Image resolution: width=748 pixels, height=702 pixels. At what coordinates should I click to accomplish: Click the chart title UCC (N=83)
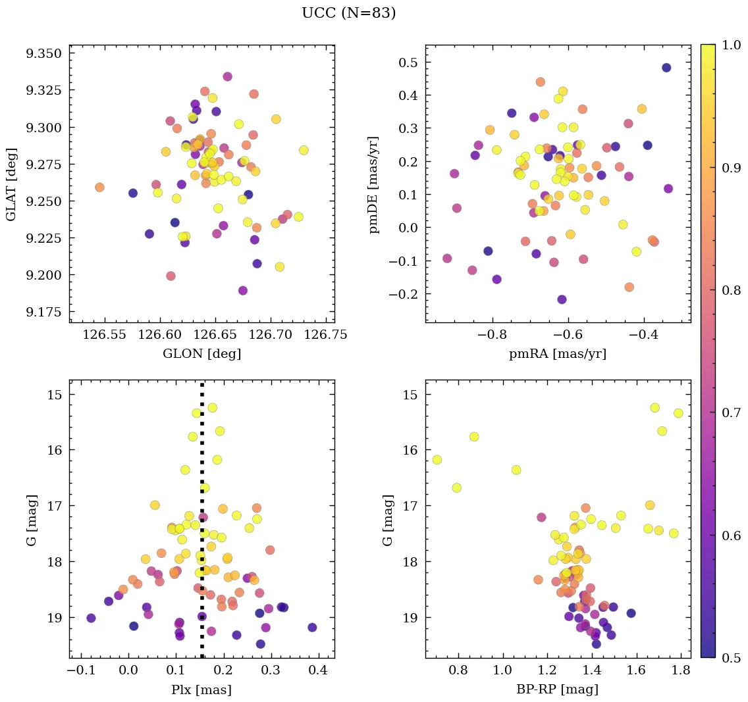tap(348, 13)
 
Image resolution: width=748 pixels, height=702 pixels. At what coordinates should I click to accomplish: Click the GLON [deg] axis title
tap(201, 354)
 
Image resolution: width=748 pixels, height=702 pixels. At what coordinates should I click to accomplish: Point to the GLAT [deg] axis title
tap(11, 184)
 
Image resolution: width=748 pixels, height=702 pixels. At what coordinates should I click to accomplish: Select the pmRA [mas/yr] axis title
tap(558, 354)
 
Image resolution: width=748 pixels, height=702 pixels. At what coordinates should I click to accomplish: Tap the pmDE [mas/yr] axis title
tap(374, 184)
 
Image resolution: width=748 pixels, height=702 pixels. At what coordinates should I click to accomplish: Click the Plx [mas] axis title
tap(201, 690)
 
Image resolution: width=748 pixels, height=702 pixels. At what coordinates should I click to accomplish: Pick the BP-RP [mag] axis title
tap(558, 690)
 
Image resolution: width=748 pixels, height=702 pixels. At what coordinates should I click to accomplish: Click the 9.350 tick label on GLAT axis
tap(44, 54)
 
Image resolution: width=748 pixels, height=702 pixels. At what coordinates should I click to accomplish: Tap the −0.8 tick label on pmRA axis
tap(492, 335)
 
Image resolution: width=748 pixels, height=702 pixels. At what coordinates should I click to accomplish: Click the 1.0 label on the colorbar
tap(731, 45)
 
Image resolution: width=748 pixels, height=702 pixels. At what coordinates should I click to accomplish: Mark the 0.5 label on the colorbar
tap(731, 657)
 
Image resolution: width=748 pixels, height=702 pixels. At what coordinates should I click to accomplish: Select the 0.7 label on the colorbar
tap(731, 413)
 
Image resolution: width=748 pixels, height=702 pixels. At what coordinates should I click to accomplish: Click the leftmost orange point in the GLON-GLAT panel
tap(99, 188)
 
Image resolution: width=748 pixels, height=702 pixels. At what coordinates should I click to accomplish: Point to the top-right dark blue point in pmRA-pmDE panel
tap(666, 68)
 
